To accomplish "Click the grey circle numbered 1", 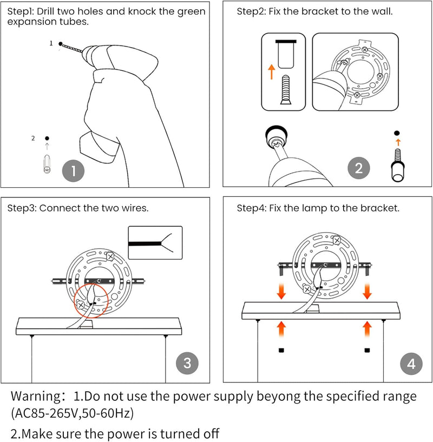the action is click(74, 171).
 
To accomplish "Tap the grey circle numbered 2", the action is click(358, 168).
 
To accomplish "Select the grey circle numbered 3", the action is click(187, 363).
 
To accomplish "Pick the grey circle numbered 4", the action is click(411, 364).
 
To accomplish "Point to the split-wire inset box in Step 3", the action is click(155, 243).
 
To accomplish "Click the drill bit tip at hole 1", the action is click(61, 44).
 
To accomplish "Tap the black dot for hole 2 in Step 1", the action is click(47, 138).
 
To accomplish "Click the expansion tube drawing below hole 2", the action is click(47, 164).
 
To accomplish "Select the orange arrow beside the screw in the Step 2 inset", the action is click(271, 72).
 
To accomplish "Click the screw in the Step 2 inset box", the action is click(285, 90).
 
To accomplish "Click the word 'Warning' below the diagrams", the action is click(35, 396).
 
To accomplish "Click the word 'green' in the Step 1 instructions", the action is click(191, 12).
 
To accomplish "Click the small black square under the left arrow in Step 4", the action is click(281, 350).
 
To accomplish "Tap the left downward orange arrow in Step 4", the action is click(281, 292).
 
